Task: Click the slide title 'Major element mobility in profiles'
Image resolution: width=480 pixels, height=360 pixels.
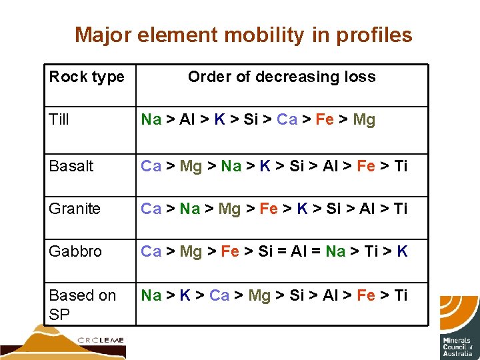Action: (x=243, y=35)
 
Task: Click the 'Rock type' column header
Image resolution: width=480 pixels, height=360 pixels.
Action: (x=87, y=77)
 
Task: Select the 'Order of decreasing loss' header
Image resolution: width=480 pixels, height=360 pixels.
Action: (x=281, y=77)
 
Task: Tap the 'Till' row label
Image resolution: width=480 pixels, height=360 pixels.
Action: (x=59, y=120)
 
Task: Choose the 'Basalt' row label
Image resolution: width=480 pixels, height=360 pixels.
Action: (x=71, y=166)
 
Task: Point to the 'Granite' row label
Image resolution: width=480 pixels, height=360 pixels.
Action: (x=75, y=209)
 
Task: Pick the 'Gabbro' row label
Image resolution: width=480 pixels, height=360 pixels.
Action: (x=75, y=252)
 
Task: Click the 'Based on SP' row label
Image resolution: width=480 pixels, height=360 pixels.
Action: (x=82, y=305)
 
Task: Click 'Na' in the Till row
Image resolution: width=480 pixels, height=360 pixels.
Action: (x=151, y=120)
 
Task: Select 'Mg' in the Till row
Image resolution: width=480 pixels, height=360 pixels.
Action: (x=364, y=120)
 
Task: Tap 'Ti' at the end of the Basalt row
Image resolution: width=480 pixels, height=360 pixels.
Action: (x=400, y=166)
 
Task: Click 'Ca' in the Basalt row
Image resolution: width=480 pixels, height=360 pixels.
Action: (x=151, y=166)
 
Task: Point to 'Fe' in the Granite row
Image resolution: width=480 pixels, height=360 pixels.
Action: (x=268, y=209)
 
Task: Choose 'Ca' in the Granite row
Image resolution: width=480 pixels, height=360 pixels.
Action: (x=151, y=209)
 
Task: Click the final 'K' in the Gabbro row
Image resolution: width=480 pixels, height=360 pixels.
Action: (x=402, y=252)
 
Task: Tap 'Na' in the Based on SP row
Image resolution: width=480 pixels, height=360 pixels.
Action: (x=151, y=295)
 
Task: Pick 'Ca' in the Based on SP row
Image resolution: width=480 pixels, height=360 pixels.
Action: (x=219, y=295)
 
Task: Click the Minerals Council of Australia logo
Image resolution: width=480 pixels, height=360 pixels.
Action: (x=459, y=327)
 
